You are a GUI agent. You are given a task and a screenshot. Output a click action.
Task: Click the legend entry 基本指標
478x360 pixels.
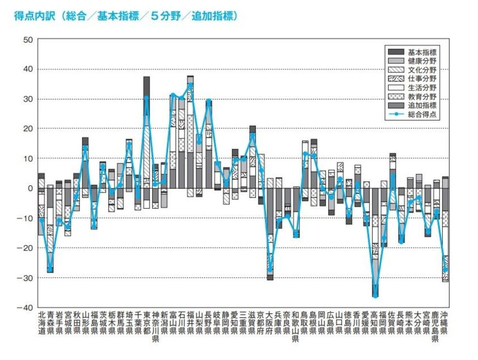[421, 52]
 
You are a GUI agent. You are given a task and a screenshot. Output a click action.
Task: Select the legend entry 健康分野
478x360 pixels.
[421, 61]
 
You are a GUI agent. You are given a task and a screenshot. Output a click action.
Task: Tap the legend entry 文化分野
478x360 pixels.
[421, 70]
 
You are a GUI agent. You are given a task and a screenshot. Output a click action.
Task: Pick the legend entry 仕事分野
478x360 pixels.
[421, 79]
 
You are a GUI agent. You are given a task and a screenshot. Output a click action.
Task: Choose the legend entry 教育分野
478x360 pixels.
[421, 97]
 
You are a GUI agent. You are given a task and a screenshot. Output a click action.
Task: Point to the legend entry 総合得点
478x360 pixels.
[421, 115]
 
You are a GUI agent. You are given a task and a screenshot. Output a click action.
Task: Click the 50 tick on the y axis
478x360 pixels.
[29, 40]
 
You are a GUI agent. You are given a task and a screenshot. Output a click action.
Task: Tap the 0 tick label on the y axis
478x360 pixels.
[30, 188]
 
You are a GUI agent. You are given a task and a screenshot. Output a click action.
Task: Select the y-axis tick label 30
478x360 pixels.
[29, 99]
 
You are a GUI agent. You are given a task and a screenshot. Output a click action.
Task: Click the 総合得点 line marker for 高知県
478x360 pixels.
[375, 296]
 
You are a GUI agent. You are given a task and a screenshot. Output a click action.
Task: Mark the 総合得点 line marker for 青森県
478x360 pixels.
[50, 269]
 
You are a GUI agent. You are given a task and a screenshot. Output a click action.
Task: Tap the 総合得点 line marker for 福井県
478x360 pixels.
[190, 85]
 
